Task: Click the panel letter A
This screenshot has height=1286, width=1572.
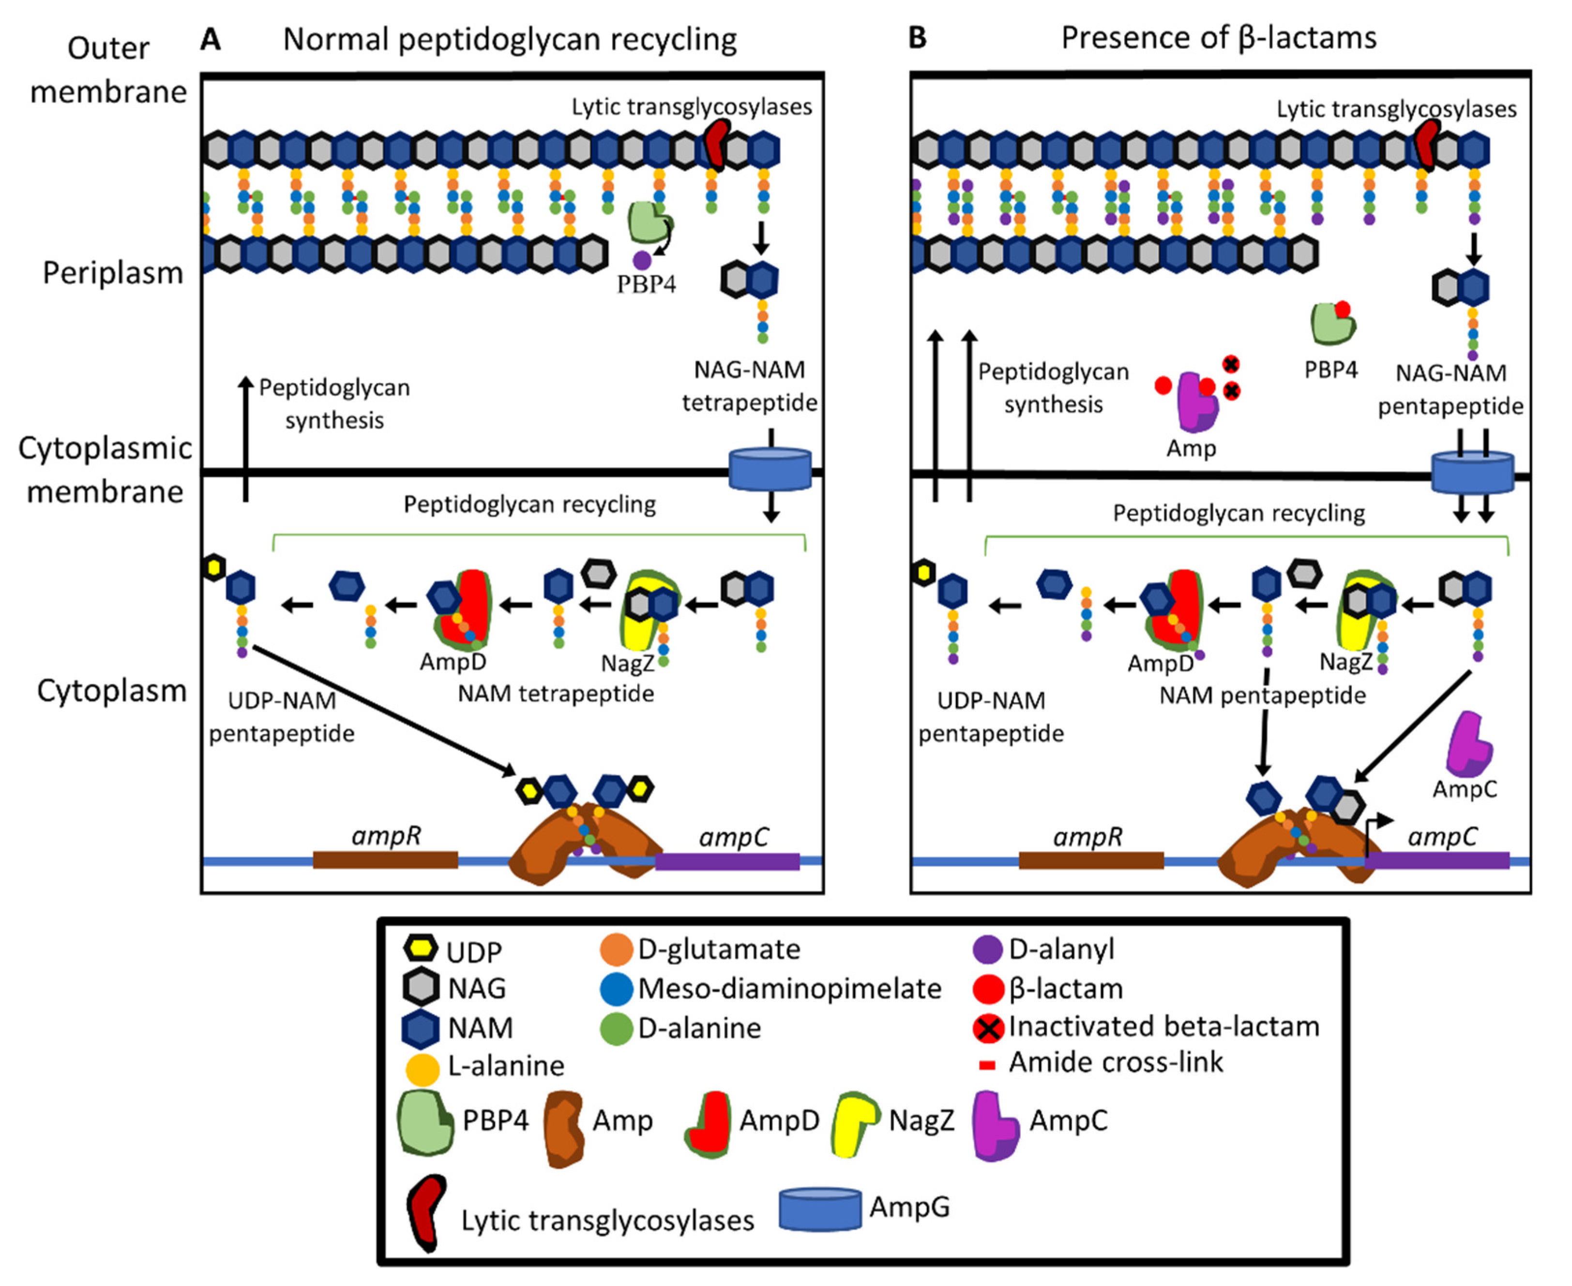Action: [x=211, y=39]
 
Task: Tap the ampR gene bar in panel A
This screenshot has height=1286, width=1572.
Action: [x=385, y=859]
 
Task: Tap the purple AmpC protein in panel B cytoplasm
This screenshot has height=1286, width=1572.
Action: [x=1469, y=744]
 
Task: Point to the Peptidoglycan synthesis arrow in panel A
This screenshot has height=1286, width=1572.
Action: [x=245, y=437]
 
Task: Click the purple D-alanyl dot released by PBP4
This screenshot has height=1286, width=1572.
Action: [x=642, y=260]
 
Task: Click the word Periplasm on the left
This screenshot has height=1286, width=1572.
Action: [x=113, y=273]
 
